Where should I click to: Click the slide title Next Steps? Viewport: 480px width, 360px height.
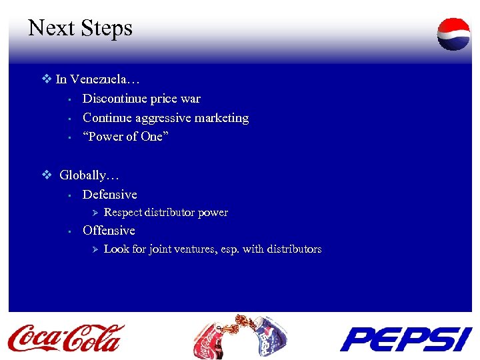[80, 28]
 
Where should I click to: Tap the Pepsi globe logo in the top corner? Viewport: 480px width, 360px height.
[453, 34]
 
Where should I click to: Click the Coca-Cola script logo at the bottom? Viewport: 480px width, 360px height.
[66, 337]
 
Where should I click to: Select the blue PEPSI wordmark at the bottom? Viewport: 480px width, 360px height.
[406, 339]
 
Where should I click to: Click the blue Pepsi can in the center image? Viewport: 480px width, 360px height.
[266, 340]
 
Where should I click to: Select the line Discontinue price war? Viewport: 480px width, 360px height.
[141, 99]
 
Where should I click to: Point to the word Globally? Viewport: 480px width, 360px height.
[89, 175]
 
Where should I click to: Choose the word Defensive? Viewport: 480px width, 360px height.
[109, 195]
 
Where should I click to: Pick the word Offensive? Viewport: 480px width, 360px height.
[109, 231]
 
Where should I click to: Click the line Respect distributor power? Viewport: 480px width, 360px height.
[166, 213]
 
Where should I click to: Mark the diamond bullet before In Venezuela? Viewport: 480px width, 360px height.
[47, 79]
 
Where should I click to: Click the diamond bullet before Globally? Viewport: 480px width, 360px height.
[47, 175]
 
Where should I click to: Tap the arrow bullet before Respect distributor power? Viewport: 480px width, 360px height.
[94, 213]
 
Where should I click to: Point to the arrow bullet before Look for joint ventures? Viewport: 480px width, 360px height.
[94, 249]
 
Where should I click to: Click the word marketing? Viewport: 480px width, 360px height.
[221, 118]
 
